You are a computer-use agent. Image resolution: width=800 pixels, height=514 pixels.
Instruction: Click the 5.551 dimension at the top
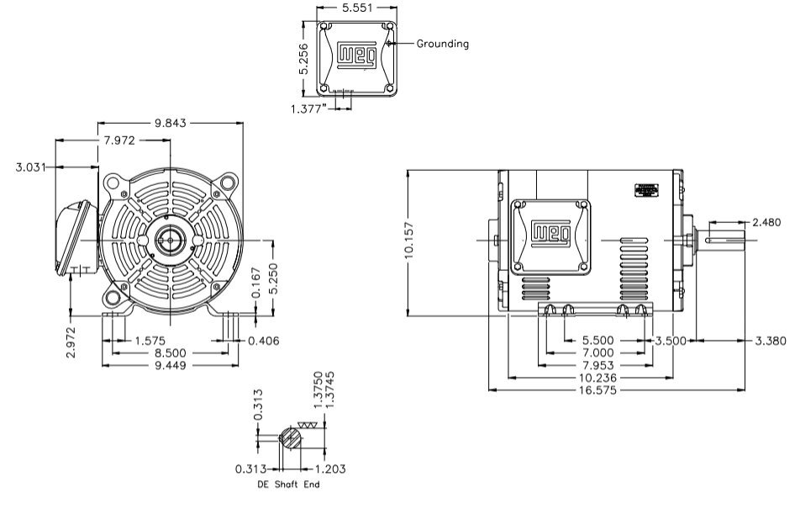click(x=355, y=8)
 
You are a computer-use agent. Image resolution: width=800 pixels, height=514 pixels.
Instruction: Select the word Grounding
click(x=443, y=44)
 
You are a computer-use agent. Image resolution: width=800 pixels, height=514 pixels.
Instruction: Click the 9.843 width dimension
click(x=171, y=124)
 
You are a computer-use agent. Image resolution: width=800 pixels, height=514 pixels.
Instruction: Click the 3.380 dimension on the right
click(x=764, y=341)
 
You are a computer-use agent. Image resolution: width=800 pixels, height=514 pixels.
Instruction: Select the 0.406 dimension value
click(x=262, y=341)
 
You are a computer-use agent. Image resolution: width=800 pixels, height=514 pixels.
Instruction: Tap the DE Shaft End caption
click(x=288, y=485)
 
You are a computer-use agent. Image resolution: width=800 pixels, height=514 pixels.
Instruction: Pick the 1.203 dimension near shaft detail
click(x=329, y=469)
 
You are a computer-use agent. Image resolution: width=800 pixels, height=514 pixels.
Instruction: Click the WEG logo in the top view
click(x=352, y=56)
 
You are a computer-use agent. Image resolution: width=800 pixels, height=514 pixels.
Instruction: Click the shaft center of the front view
click(x=171, y=240)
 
